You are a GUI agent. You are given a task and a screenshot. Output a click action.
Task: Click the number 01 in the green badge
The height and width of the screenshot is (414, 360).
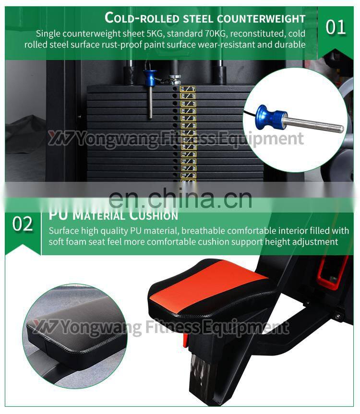click(x=336, y=27)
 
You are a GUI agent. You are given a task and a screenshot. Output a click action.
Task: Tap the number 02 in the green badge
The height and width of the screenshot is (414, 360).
click(x=23, y=224)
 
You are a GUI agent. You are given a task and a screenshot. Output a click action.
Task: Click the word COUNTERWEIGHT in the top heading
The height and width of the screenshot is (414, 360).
click(x=261, y=18)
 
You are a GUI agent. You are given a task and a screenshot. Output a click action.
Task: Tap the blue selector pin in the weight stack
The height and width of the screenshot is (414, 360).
click(x=150, y=76)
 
